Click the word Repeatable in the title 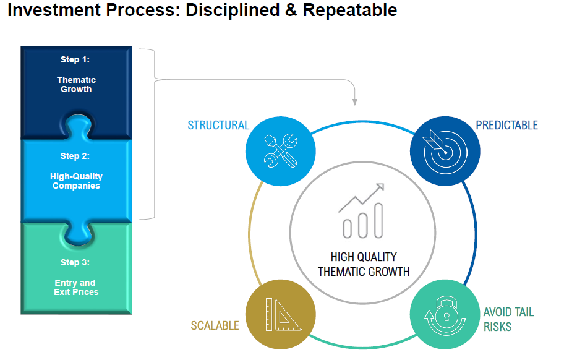coord(350,10)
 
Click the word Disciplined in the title coord(233,10)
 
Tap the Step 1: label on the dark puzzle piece coord(75,59)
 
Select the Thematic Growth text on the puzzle coord(76,85)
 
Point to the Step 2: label coord(75,156)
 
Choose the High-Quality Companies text coord(76,181)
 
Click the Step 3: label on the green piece coord(75,262)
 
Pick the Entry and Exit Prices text coord(76,288)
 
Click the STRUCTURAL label coord(218,125)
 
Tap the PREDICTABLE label coord(507,125)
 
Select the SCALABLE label coord(215,325)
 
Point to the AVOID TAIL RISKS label coord(508,319)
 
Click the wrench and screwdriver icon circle coord(281,151)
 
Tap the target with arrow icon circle coord(445,151)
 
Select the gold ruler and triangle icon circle coord(281,314)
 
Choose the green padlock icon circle coord(445,314)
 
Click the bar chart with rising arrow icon coord(362,211)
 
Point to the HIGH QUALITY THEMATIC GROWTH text coord(364,264)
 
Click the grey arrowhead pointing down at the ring coord(354,102)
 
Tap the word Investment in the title coord(54,10)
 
